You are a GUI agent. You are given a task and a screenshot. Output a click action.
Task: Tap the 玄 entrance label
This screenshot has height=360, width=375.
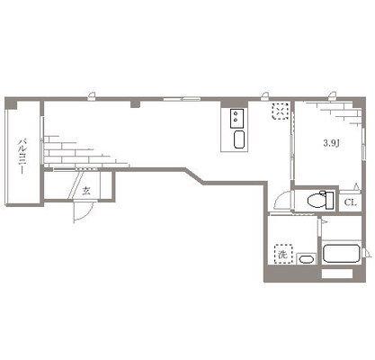tap(86, 191)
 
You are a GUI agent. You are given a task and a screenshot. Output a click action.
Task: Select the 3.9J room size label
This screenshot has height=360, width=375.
tap(331, 143)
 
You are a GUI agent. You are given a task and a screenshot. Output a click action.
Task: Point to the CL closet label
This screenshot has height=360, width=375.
tap(350, 202)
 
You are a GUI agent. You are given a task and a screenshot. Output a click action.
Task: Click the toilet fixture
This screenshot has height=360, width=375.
tap(320, 200)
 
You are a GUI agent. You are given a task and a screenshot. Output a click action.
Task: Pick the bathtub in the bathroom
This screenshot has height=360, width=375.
tap(342, 254)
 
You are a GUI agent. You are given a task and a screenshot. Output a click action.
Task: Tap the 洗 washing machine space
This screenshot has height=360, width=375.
tap(283, 254)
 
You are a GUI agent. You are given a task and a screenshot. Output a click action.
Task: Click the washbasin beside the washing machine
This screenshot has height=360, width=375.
tap(306, 259)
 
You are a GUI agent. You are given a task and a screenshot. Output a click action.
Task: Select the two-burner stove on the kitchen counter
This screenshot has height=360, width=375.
tap(237, 119)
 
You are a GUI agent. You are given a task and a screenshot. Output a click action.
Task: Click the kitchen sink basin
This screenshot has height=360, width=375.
tap(239, 139)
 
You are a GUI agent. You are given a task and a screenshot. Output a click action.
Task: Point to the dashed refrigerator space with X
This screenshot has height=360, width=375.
tap(281, 112)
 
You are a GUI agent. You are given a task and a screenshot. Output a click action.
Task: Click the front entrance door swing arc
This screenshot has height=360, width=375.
tap(85, 213)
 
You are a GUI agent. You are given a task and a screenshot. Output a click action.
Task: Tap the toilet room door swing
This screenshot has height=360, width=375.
tap(281, 200)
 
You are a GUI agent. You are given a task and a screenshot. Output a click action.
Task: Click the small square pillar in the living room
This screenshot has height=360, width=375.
tap(136, 104)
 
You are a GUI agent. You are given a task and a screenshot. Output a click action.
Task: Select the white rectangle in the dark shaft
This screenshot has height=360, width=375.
tap(337, 274)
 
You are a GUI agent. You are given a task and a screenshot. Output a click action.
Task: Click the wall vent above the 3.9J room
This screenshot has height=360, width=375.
tap(332, 95)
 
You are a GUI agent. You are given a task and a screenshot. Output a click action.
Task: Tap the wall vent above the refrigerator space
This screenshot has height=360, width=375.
tap(264, 95)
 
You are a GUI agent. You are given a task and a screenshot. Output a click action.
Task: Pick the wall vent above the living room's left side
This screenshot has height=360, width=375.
tap(92, 95)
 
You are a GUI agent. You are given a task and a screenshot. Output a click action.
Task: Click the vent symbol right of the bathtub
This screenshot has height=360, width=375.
tap(366, 253)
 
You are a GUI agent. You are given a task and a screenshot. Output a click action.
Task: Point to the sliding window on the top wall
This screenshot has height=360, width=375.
tap(182, 98)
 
